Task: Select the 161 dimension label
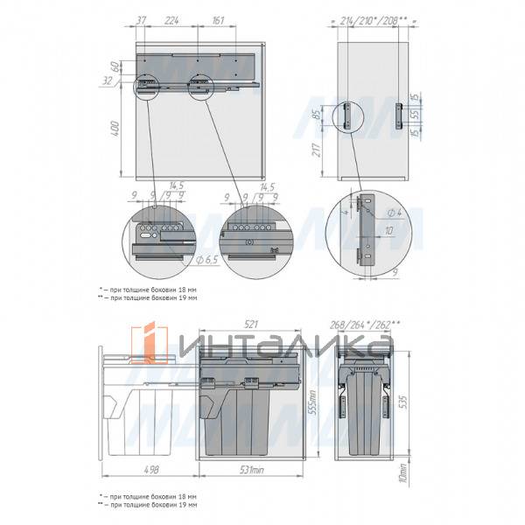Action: coord(219,19)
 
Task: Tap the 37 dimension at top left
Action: coord(142,19)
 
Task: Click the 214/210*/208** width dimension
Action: coord(374,19)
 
